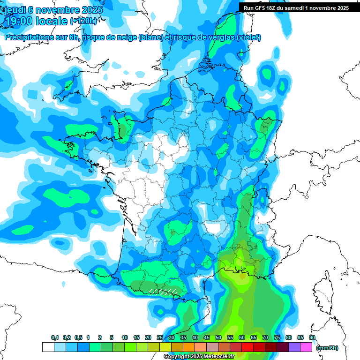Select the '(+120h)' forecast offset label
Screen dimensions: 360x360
click(83, 21)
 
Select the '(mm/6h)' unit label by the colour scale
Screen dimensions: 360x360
click(327, 347)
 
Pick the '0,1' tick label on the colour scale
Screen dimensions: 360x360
click(54, 337)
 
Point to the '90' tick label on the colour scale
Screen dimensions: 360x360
click(312, 337)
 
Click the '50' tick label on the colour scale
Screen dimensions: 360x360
click(218, 337)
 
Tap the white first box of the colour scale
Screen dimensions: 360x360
click(48, 347)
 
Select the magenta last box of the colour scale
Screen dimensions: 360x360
click(306, 347)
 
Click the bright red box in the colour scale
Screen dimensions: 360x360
click(247, 347)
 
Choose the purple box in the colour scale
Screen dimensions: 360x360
click(294, 347)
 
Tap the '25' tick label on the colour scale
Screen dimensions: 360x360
click(160, 337)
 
